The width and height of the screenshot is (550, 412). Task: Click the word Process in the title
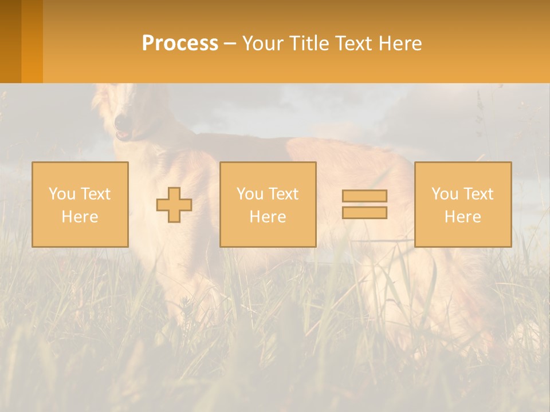coord(180,43)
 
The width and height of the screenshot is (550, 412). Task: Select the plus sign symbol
coord(174,205)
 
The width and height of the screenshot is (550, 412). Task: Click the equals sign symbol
coord(364,204)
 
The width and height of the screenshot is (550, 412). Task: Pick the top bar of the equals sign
coord(364,196)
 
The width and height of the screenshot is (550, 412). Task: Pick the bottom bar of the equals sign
coord(364,213)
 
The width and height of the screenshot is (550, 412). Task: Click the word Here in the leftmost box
coord(80,217)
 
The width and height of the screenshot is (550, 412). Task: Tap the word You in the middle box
coord(250,194)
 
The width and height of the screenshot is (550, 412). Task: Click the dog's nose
coord(121,121)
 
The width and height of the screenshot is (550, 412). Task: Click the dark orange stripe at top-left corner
coord(10,41)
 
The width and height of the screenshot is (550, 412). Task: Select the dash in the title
coord(230,43)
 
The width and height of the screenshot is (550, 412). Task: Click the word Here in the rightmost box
coord(462,217)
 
